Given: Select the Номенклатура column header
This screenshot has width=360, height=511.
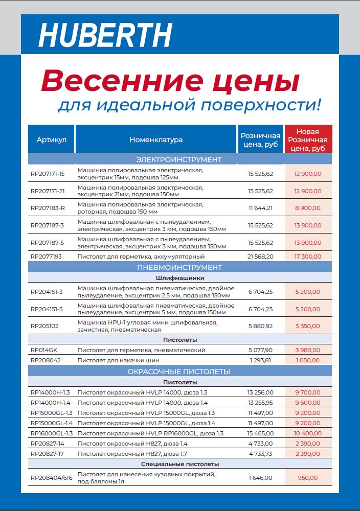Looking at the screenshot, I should [156, 140].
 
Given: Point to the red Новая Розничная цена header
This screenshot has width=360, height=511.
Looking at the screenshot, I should [308, 140].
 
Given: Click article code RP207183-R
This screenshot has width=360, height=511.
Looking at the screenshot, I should [48, 208].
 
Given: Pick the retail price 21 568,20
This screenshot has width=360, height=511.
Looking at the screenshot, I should [261, 256].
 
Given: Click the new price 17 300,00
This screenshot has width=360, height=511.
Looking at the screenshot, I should [308, 256].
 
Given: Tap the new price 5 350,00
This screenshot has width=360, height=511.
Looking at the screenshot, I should [308, 326].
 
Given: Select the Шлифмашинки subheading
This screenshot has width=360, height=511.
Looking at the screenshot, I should [179, 278].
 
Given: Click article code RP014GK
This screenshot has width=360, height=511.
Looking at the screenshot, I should [44, 350].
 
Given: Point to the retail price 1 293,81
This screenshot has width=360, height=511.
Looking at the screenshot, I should [261, 360].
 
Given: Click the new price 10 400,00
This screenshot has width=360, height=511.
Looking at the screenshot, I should [308, 433].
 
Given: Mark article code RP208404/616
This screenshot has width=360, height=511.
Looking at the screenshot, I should [52, 478].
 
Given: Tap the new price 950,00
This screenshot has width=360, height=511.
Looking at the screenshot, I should [308, 478].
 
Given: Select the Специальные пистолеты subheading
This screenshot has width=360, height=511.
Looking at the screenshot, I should [179, 464].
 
